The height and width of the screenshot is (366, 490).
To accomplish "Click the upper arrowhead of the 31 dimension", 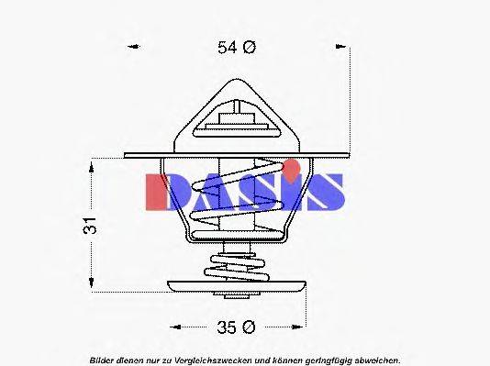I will [91, 166].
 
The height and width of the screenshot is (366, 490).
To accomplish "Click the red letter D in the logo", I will [163, 191].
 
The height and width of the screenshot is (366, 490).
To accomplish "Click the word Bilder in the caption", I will [104, 360].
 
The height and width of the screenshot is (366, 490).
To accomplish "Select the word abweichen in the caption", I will [377, 360].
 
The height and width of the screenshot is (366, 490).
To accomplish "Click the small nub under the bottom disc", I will [237, 295].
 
